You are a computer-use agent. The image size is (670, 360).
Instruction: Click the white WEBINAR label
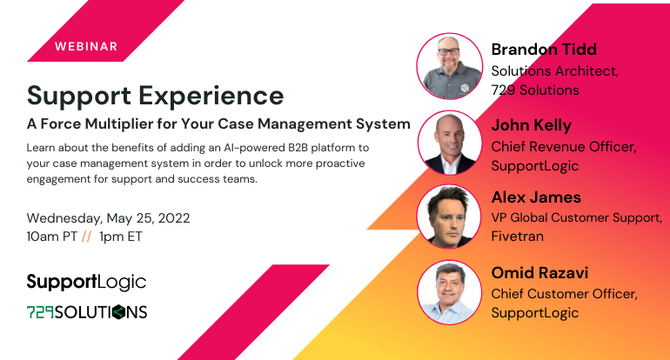(86, 47)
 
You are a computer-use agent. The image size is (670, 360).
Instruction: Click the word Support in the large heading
(79, 97)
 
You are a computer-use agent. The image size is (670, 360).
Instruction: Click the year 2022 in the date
(174, 218)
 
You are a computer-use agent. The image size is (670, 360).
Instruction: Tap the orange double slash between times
(86, 237)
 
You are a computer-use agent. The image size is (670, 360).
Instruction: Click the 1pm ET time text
(120, 237)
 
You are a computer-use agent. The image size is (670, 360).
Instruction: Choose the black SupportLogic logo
(86, 283)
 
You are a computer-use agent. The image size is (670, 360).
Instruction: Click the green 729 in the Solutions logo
(40, 312)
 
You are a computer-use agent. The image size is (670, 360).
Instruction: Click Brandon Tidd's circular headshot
(450, 66)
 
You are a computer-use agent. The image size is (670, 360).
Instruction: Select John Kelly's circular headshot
(450, 143)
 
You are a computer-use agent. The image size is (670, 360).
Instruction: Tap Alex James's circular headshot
(449, 217)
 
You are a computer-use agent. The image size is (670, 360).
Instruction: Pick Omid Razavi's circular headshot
(449, 292)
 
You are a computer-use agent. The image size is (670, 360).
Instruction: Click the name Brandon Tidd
(544, 50)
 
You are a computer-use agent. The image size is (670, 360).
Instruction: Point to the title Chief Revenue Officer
(564, 147)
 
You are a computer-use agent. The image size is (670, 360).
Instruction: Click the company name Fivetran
(518, 237)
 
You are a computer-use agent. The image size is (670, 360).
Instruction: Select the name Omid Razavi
(539, 273)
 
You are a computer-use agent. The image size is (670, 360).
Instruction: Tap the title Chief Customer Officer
(564, 294)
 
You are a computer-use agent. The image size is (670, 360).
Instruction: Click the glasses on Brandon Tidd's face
(449, 51)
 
